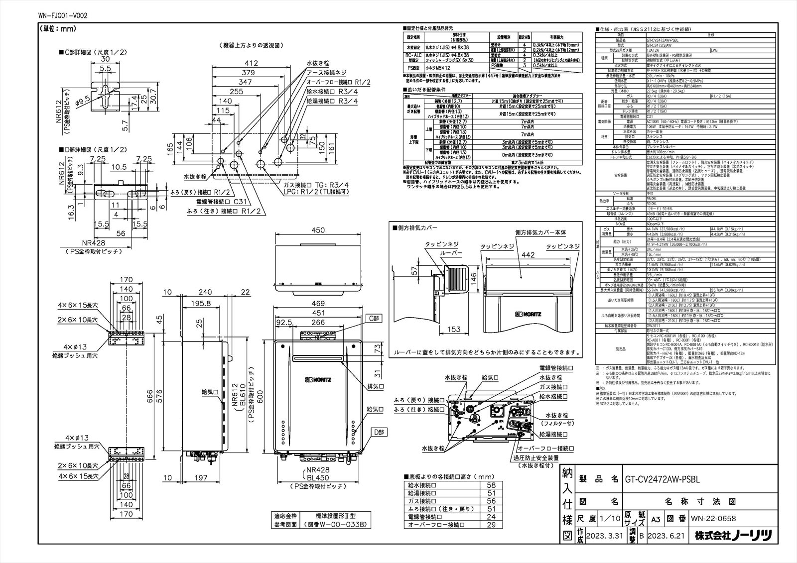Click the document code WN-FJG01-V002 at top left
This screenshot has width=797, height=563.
pyautogui.click(x=62, y=16)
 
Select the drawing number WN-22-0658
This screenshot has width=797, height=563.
pyautogui.click(x=713, y=519)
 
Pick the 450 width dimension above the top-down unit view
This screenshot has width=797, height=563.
pyautogui.click(x=318, y=230)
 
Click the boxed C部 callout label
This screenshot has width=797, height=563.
pyautogui.click(x=374, y=318)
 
